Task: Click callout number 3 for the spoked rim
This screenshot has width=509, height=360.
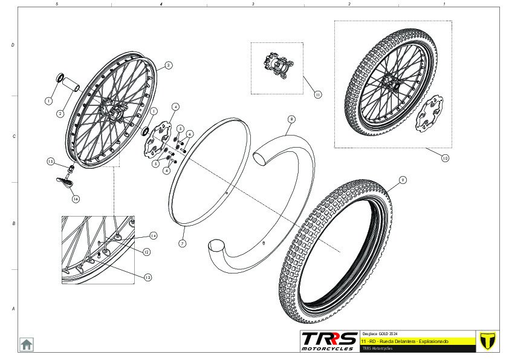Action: [x=169, y=65]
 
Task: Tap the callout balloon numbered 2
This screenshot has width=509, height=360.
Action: [x=60, y=113]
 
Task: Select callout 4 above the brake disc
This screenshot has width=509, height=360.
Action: [x=175, y=106]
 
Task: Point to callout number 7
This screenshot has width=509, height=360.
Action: [x=182, y=243]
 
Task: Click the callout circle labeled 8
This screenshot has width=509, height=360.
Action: [x=291, y=119]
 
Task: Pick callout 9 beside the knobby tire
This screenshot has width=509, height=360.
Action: [x=403, y=180]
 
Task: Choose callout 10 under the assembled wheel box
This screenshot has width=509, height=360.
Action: [x=445, y=159]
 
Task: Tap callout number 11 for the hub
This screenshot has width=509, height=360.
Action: [x=317, y=94]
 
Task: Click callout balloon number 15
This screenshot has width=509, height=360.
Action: [x=51, y=162]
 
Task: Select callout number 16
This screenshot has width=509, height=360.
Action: [x=76, y=198]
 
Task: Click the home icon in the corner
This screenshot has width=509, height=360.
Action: [x=26, y=344]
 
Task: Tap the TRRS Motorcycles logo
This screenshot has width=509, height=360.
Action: [x=328, y=341]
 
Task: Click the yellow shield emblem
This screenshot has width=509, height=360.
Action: [x=486, y=341]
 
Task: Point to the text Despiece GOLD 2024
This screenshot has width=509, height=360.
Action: [x=380, y=334]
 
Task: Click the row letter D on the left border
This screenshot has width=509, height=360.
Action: [x=13, y=45]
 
